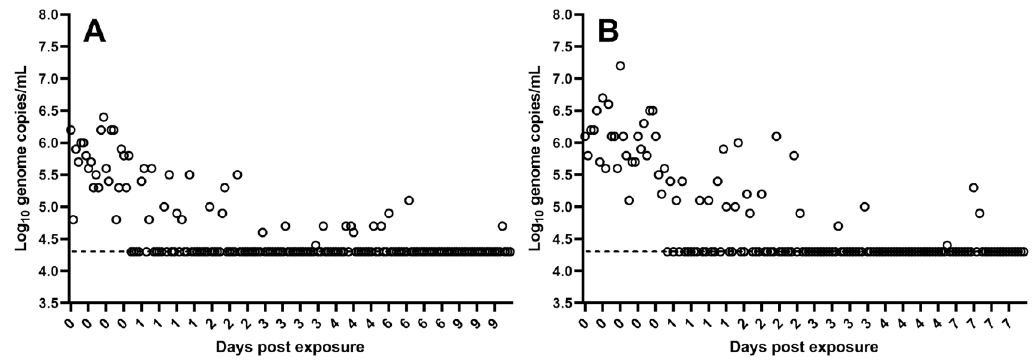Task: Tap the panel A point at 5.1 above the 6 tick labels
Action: click(409, 200)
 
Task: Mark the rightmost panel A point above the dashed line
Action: click(502, 226)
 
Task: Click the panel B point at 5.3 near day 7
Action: click(973, 187)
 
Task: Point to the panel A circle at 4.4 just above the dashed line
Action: click(316, 245)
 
